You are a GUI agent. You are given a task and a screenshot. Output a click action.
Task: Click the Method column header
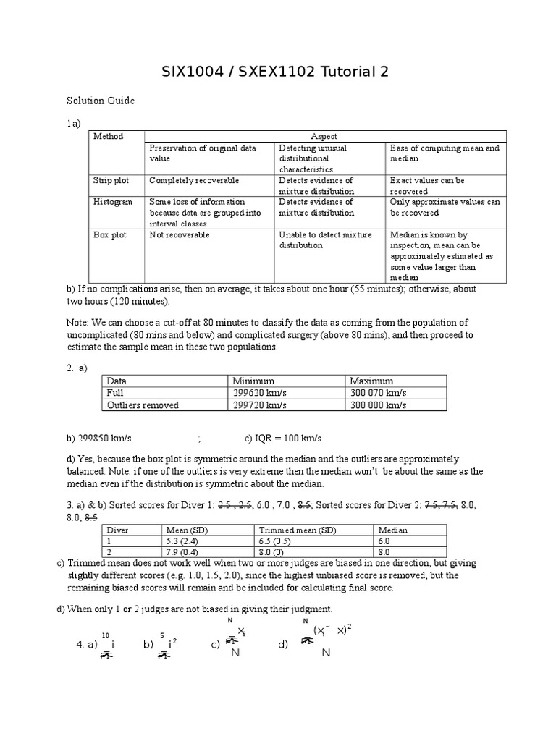point(109,136)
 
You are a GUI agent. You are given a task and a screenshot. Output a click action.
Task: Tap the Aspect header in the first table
point(324,136)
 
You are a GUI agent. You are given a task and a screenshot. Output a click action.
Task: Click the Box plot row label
point(109,234)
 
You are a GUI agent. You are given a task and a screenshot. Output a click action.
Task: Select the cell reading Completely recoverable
point(194,180)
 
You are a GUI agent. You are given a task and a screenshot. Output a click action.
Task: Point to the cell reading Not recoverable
point(180,234)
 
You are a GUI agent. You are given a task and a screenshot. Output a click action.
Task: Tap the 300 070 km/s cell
point(379,393)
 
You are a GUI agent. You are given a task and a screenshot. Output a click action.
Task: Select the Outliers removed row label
point(143,405)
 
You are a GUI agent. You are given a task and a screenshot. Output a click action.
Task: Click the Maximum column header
point(371,381)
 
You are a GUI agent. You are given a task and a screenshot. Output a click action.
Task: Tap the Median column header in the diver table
point(393,530)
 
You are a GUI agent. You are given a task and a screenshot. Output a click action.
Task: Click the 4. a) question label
point(86,645)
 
